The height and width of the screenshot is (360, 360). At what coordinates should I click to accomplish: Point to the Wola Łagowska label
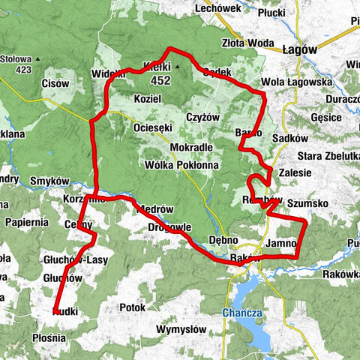click(x=296, y=82)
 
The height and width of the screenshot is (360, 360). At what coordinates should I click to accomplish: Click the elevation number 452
click(x=160, y=80)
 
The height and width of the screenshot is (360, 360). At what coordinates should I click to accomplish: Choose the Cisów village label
click(x=56, y=83)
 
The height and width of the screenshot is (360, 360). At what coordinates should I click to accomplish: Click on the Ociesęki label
click(x=153, y=128)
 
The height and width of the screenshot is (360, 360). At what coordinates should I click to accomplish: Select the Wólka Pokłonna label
click(x=181, y=164)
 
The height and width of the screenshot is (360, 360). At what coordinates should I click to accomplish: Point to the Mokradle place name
click(x=191, y=147)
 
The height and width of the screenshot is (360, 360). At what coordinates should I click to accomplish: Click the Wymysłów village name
click(x=181, y=329)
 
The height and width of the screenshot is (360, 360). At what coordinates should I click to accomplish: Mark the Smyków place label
click(x=50, y=181)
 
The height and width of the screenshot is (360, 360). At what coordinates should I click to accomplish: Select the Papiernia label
click(x=26, y=223)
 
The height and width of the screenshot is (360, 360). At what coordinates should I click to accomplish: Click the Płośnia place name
click(x=49, y=338)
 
